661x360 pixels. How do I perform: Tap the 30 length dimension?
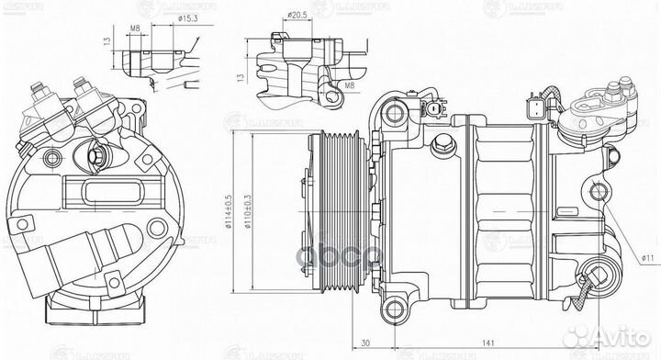tap(366, 344)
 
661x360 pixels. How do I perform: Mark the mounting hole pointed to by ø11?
tap(601, 193)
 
